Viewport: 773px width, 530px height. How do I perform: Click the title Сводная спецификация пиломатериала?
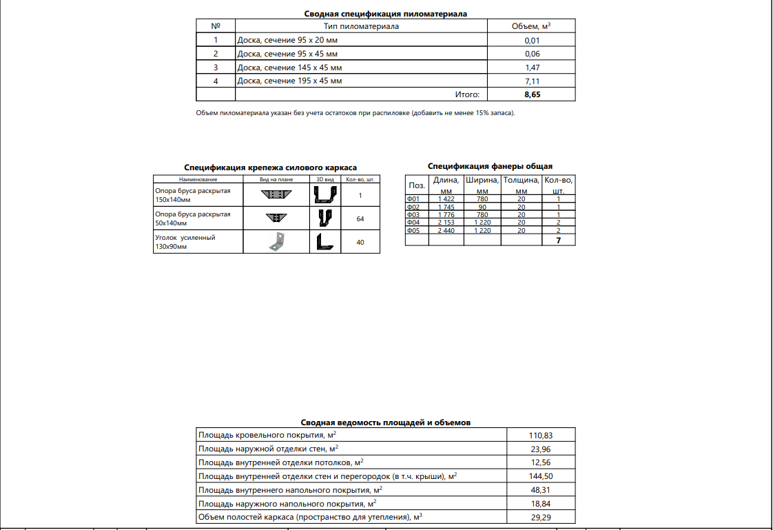pos(386,13)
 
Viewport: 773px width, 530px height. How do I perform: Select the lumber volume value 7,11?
pos(532,81)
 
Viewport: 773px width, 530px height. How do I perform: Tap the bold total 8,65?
pos(532,94)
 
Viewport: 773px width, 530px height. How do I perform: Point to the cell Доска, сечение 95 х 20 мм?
pos(287,40)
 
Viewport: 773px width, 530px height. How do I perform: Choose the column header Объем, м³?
pos(532,26)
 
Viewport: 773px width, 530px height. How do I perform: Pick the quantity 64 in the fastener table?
pos(360,218)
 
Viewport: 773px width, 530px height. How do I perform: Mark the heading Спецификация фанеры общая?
pos(490,166)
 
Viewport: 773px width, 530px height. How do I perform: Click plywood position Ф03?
pos(413,214)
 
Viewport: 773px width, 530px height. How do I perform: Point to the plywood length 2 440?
pos(445,230)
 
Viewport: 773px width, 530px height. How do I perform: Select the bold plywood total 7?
pos(558,241)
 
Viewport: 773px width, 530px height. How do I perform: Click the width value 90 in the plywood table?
pos(482,207)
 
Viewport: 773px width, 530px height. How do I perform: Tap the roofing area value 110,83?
pos(540,436)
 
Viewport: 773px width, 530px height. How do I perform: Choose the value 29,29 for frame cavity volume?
pos(540,517)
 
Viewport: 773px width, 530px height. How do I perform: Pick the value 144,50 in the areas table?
pos(540,476)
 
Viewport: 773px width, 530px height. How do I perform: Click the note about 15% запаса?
pos(355,113)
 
